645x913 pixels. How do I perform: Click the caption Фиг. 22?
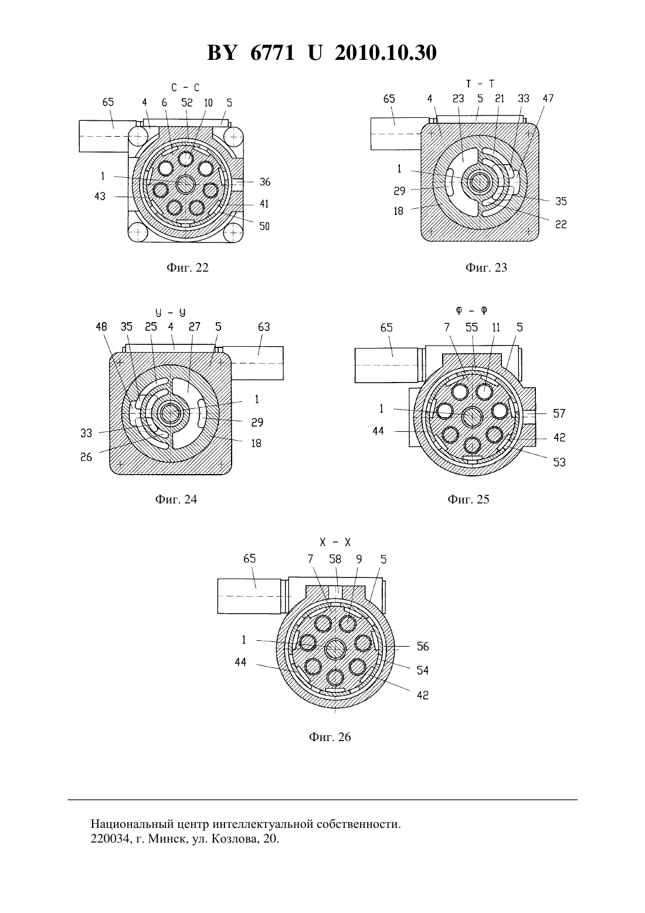click(x=187, y=268)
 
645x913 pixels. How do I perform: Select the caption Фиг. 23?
click(x=486, y=268)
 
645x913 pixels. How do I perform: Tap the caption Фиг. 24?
click(x=176, y=499)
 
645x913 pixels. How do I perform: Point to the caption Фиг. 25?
click(x=469, y=499)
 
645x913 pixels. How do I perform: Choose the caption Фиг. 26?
click(x=330, y=737)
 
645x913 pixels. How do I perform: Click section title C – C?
click(x=185, y=87)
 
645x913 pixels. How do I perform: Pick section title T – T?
click(x=480, y=84)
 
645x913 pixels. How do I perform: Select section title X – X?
click(x=335, y=543)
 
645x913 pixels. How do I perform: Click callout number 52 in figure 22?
click(x=187, y=103)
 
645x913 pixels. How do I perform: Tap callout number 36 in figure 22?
click(x=265, y=182)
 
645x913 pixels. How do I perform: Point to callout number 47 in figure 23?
click(x=548, y=99)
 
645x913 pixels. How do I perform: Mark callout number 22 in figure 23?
click(x=561, y=225)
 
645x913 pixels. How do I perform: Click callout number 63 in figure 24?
click(x=264, y=327)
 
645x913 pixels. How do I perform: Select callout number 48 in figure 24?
click(x=101, y=327)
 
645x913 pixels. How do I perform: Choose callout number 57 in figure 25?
click(x=559, y=414)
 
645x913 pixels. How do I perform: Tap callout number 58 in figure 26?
click(x=335, y=559)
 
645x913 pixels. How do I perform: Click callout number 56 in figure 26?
click(x=423, y=647)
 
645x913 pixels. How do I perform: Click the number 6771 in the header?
click(x=273, y=53)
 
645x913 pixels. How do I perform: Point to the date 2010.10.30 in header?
click(x=386, y=53)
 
